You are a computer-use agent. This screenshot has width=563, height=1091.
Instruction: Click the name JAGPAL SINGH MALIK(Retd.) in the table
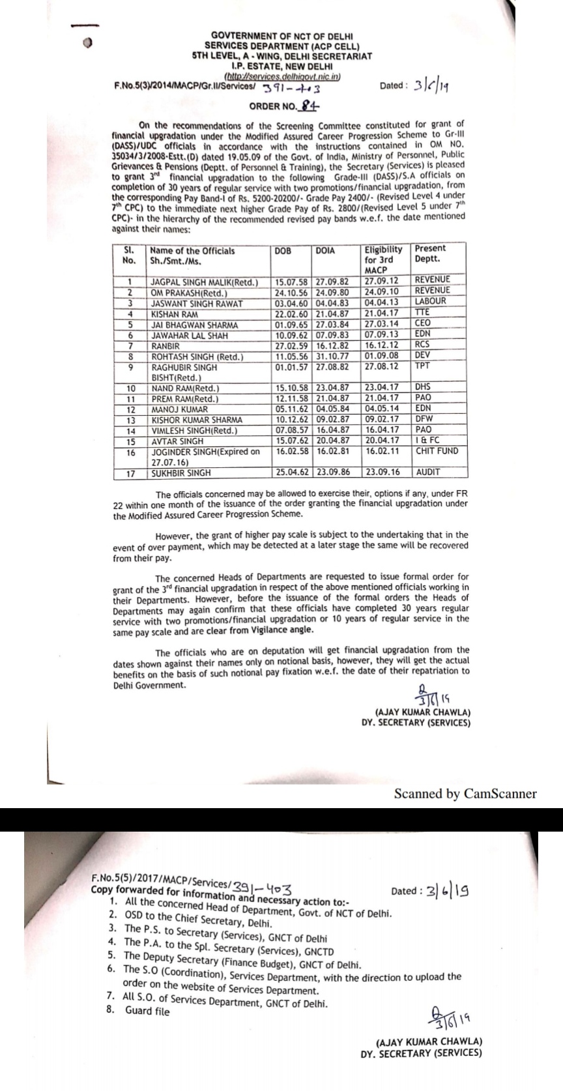click(x=204, y=282)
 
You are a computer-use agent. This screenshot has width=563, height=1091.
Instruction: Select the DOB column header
click(x=283, y=250)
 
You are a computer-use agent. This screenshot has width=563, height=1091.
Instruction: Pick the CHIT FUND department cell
click(x=437, y=451)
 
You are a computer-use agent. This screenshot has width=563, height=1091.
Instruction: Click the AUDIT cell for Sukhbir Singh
click(x=427, y=472)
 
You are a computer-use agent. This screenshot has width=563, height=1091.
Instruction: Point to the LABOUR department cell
click(x=430, y=302)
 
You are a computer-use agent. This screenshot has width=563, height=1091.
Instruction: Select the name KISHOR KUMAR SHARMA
click(x=197, y=420)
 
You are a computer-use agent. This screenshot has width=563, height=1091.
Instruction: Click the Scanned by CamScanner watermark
click(x=465, y=794)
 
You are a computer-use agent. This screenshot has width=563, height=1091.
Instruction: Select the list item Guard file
click(x=147, y=1011)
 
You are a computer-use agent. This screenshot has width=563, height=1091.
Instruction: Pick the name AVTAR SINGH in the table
click(x=177, y=441)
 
